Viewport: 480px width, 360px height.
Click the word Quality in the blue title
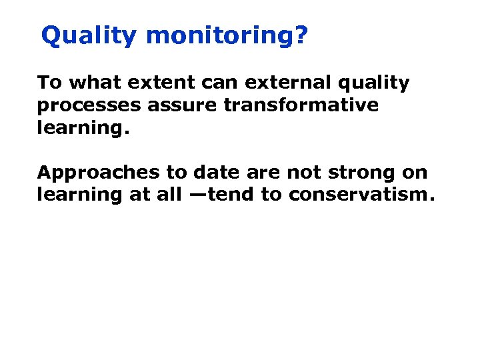coord(89,37)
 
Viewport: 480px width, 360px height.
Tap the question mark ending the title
coord(301,36)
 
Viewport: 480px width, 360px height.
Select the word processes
coord(88,106)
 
